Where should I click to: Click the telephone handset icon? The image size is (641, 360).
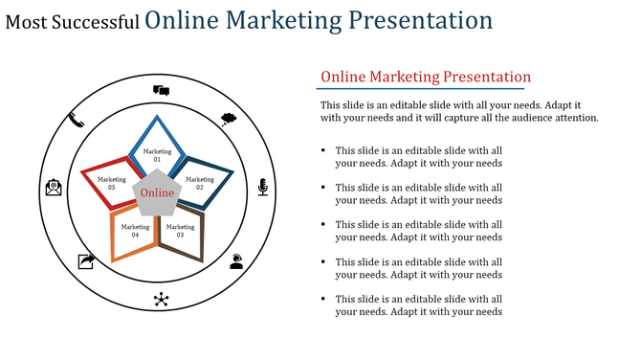pos(77,121)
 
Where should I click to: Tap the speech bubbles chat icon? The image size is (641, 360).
pos(161,91)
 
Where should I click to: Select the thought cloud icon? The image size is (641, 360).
pos(229,120)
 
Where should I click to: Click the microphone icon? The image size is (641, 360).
pos(263,187)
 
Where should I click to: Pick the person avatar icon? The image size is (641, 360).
pos(236,260)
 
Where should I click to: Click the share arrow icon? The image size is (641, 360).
pos(86,260)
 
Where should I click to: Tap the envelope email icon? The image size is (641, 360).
pos(54,188)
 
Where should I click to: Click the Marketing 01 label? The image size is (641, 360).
pos(158,155)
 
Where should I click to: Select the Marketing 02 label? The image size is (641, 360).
pos(200,183)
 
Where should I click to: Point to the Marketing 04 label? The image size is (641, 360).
pos(136,231)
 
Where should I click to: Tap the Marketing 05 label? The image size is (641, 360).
pos(111,183)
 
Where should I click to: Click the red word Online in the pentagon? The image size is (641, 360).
pos(157,193)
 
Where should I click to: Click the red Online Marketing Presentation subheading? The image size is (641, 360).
pos(426,77)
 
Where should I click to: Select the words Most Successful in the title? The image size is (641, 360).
pos(74,22)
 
